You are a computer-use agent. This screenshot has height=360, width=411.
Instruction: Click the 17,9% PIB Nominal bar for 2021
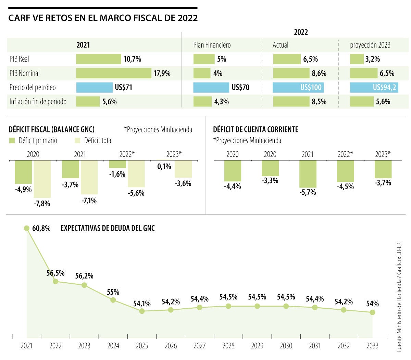click(113, 73)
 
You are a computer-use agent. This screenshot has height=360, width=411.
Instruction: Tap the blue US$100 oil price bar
click(298, 87)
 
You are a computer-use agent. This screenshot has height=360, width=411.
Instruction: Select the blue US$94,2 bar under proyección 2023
click(373, 87)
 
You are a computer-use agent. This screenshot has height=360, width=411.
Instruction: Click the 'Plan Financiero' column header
click(212, 45)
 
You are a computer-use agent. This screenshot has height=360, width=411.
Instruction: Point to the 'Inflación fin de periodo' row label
click(38, 102)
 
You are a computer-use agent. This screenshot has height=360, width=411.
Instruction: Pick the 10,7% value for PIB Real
click(132, 59)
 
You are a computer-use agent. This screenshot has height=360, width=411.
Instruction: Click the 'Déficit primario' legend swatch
click(12, 140)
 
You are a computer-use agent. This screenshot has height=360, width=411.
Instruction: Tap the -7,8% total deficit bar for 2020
click(42, 179)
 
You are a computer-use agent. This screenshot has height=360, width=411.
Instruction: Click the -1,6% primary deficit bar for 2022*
click(117, 164)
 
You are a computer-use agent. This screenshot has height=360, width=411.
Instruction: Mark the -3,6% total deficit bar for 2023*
click(183, 169)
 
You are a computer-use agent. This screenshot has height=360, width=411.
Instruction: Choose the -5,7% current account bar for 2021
click(308, 174)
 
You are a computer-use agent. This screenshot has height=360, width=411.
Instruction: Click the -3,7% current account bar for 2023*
click(383, 169)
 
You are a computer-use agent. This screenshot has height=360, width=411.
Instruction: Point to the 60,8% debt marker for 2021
click(27, 228)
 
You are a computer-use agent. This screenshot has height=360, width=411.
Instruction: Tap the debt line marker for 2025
click(142, 311)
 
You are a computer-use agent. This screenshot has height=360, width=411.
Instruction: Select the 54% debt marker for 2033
click(372, 312)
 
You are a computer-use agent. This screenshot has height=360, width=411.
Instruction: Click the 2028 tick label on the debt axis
click(228, 346)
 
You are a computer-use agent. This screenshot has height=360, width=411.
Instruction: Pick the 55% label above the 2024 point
click(113, 292)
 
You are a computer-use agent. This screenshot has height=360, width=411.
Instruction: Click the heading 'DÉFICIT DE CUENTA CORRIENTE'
click(256, 129)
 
